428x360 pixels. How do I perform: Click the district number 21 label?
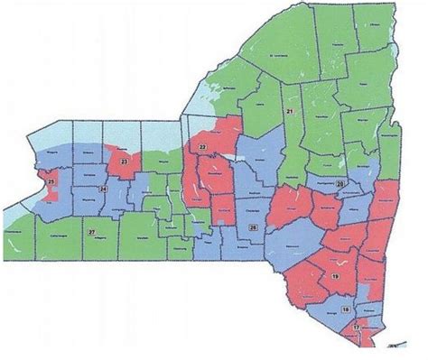point(290,111)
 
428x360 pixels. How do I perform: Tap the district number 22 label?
point(202,147)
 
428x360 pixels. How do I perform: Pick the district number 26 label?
point(253,226)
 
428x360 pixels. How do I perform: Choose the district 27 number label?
point(91,233)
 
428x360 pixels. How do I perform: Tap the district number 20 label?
point(340,184)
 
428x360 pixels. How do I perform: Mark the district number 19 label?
point(335,275)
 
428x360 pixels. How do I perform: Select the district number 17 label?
point(356,325)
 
